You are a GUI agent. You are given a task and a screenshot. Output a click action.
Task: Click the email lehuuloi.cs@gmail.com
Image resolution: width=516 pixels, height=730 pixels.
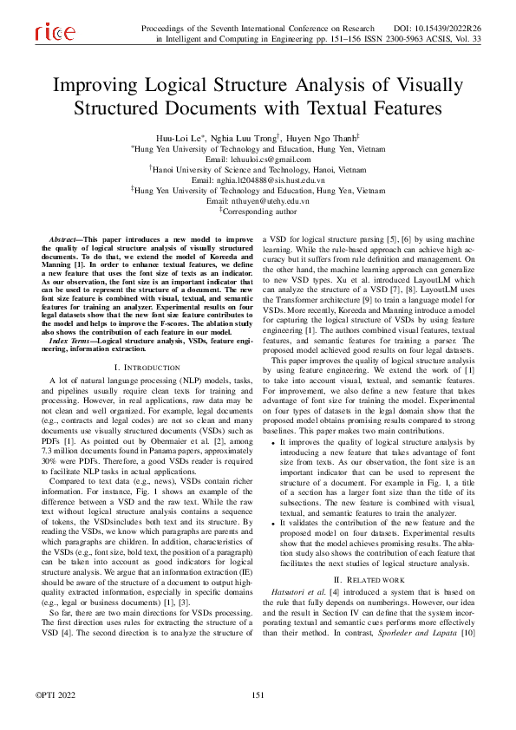(258, 160)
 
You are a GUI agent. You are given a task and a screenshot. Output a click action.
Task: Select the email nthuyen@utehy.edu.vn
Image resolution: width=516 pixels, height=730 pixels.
(258, 200)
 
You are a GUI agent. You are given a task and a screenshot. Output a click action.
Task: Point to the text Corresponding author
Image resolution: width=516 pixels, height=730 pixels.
(260, 211)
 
